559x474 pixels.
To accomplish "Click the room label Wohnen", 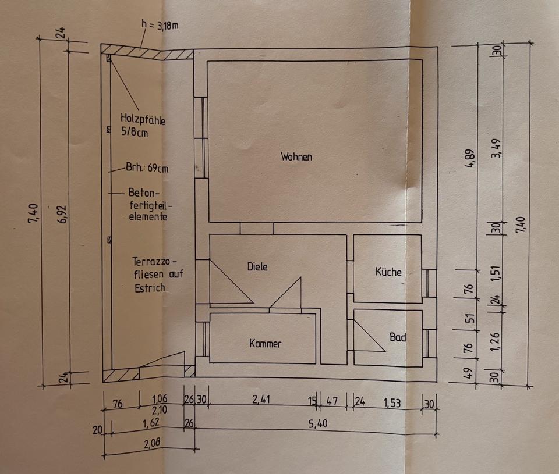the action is (x=296, y=156).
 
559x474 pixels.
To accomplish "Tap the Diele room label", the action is (x=257, y=267).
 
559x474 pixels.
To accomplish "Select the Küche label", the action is (x=388, y=272).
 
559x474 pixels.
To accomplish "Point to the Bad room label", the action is (x=398, y=337).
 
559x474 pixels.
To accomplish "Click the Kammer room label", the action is (x=266, y=344).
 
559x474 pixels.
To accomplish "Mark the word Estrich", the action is (x=149, y=287).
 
